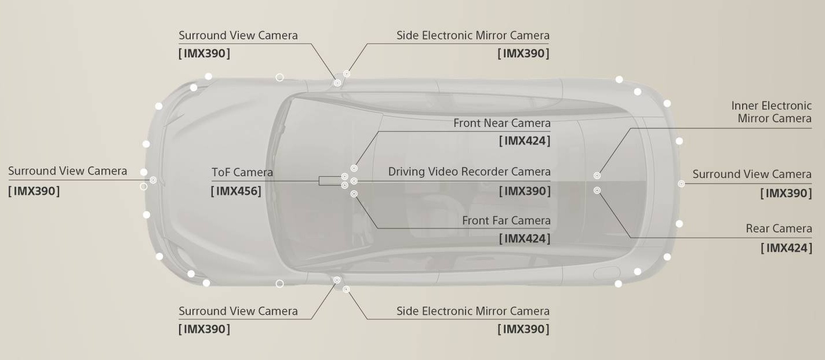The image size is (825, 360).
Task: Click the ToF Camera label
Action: coord(242,172)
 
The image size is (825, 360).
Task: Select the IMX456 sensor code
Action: coord(236,191)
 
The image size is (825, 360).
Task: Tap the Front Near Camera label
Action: coord(501,123)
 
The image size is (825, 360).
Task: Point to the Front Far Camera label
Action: coord(506,220)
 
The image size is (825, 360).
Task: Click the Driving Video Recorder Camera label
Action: coord(469,172)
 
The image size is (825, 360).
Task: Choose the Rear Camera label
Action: coord(779,228)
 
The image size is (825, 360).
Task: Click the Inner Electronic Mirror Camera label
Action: coord(771,112)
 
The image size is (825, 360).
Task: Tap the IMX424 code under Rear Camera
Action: coord(786,248)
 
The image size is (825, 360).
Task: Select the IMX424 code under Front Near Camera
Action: coord(525,141)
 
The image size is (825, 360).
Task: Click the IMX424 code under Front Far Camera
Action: coord(525,238)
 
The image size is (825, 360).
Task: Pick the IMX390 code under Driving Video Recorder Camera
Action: coord(525,191)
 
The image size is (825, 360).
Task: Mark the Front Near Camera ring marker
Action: coord(354,168)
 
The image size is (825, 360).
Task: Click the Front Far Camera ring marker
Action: coord(354,194)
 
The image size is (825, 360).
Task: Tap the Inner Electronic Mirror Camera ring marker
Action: coord(597,176)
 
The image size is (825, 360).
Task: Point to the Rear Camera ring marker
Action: coord(597,190)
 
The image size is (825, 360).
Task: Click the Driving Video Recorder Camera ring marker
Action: coord(354,181)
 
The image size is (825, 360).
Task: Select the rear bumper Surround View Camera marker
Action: coord(681,183)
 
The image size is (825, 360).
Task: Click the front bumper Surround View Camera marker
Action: coord(153,180)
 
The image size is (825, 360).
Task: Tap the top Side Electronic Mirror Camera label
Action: coord(473,35)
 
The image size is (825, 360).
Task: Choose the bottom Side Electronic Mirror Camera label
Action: coord(473,311)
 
